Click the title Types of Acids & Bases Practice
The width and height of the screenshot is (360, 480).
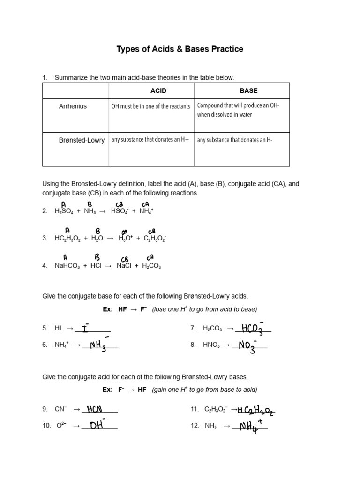click(180, 49)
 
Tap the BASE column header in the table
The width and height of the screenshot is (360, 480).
click(248, 90)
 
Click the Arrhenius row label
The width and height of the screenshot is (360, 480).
click(73, 106)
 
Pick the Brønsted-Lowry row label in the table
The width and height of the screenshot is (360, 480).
click(82, 140)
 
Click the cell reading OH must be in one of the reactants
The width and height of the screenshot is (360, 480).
click(150, 106)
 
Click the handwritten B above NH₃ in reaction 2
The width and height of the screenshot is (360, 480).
click(90, 204)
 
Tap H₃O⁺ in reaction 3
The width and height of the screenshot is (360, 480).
click(126, 238)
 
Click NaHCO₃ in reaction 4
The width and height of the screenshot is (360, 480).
click(67, 266)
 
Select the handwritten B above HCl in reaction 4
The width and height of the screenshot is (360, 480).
click(97, 257)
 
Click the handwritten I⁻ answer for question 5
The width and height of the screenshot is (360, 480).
click(86, 328)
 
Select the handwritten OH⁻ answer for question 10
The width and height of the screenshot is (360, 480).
click(97, 425)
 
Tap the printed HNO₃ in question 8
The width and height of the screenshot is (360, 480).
click(212, 345)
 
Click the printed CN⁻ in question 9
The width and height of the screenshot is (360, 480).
click(61, 409)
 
